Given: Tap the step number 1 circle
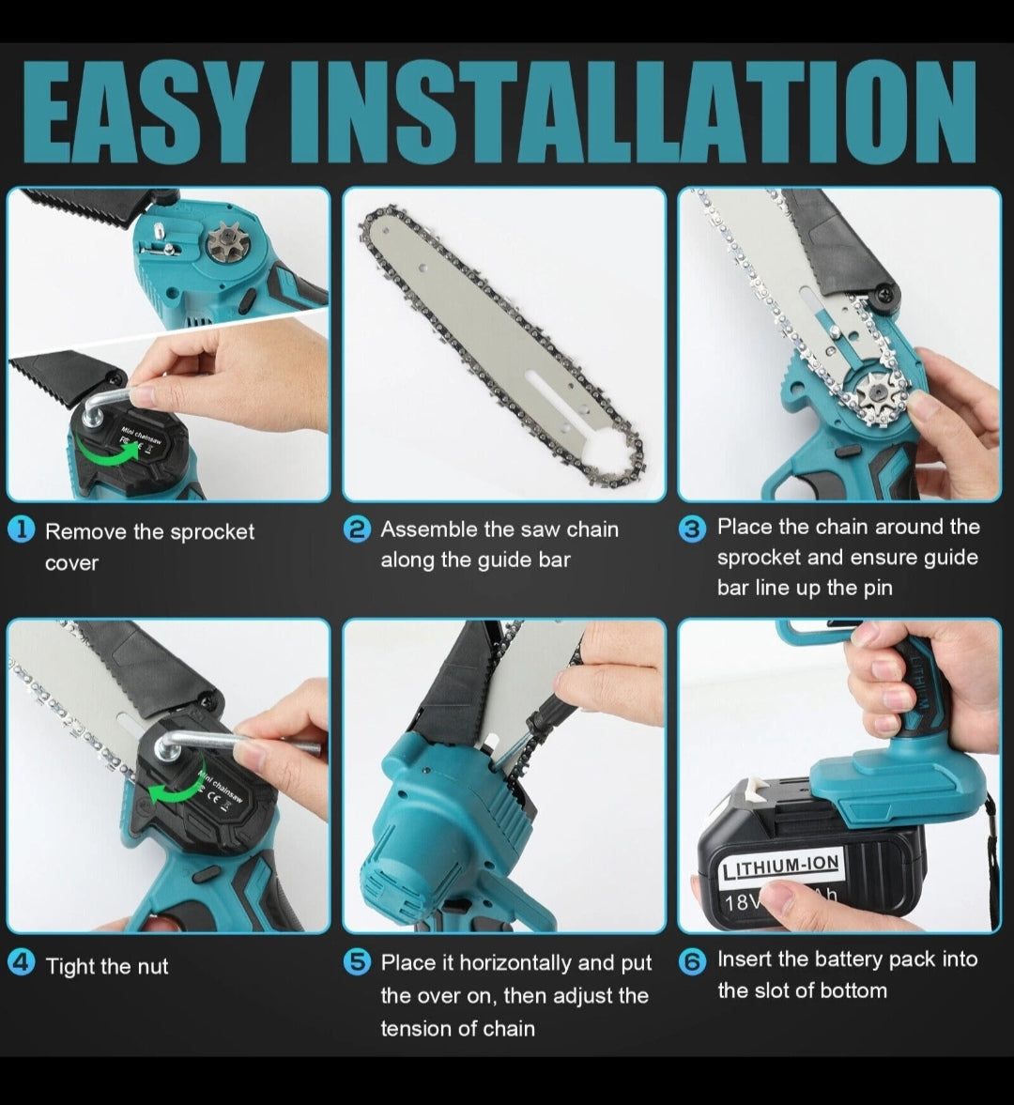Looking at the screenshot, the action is point(22,529).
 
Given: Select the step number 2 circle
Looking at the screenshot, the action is point(358,529).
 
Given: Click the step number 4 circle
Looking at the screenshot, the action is point(22,962).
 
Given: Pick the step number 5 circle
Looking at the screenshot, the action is point(358,961).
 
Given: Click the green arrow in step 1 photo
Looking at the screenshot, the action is point(106,454).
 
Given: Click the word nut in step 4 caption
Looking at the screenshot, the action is point(152,967).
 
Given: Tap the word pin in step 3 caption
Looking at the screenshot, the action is point(878,589).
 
